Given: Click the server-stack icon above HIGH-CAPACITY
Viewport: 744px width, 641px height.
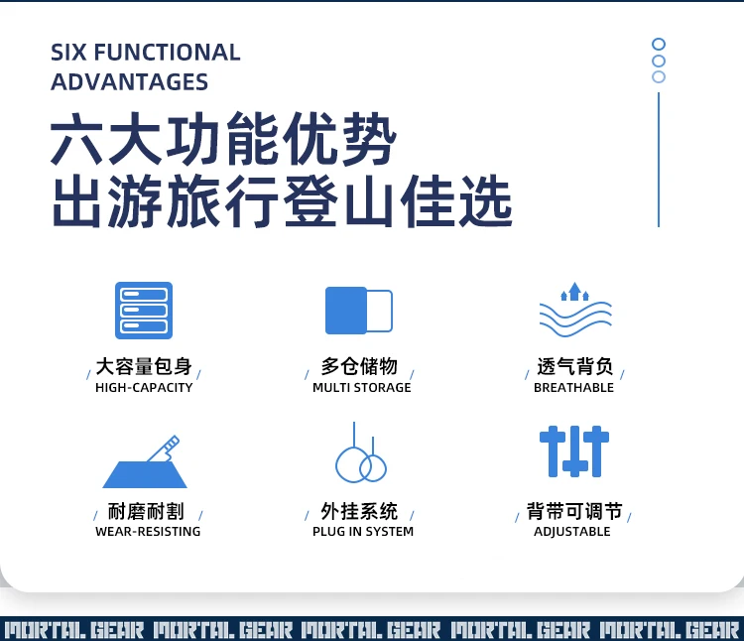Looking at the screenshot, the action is tap(144, 311).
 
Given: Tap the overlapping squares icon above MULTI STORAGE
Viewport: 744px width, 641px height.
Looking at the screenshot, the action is tap(359, 311).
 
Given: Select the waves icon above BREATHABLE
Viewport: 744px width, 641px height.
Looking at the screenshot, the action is tap(575, 310).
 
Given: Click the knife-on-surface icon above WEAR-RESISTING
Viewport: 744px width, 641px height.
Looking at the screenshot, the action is tap(145, 461).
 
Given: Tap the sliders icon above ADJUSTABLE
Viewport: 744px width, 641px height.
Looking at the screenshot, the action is tap(574, 451).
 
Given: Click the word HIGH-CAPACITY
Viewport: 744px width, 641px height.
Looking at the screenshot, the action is tap(144, 388).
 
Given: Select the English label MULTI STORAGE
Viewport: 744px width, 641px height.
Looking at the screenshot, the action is tap(361, 388).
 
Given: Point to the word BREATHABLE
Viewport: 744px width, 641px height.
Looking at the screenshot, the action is tap(573, 388).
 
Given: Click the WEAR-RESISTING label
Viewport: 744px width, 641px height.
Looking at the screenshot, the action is tap(148, 532).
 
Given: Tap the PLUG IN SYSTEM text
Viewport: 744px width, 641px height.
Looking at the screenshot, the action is tap(363, 532).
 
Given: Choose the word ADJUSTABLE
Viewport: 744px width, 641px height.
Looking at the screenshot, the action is tap(572, 532).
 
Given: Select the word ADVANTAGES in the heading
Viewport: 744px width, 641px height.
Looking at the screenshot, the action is tap(129, 82).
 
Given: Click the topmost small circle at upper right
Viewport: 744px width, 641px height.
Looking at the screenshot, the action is tap(659, 44).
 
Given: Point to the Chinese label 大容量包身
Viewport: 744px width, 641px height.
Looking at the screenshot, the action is tap(144, 366).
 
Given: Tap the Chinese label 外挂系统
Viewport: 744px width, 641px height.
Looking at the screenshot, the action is tap(359, 511).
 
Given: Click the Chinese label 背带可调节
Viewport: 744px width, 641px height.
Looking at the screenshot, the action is tap(574, 511).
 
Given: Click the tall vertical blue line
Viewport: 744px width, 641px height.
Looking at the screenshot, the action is tap(659, 160).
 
